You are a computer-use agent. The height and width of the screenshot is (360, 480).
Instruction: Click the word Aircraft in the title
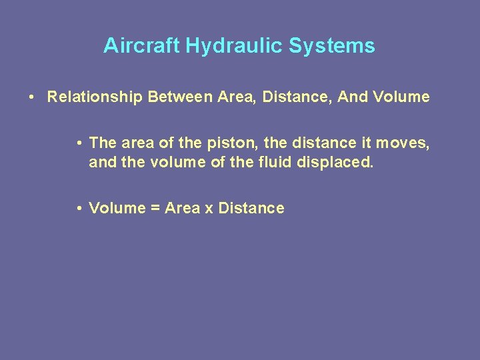point(142,46)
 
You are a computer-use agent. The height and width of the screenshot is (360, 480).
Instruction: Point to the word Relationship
point(95,97)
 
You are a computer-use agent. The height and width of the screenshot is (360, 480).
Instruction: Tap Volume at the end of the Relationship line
point(401,97)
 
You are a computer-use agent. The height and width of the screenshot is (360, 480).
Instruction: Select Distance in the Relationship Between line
point(297,97)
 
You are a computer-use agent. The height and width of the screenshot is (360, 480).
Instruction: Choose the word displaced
point(338,162)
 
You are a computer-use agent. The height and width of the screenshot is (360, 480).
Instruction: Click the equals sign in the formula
point(155,209)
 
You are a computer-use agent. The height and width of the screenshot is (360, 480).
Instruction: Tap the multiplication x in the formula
point(209,209)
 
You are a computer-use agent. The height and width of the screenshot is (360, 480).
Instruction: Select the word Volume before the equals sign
point(117,208)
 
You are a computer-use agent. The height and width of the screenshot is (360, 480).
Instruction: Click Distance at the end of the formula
point(251,208)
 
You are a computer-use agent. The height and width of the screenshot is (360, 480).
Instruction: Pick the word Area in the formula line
point(182,208)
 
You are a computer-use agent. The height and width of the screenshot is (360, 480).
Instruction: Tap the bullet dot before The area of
point(79,143)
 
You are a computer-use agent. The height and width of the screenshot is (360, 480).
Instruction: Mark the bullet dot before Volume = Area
point(79,209)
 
